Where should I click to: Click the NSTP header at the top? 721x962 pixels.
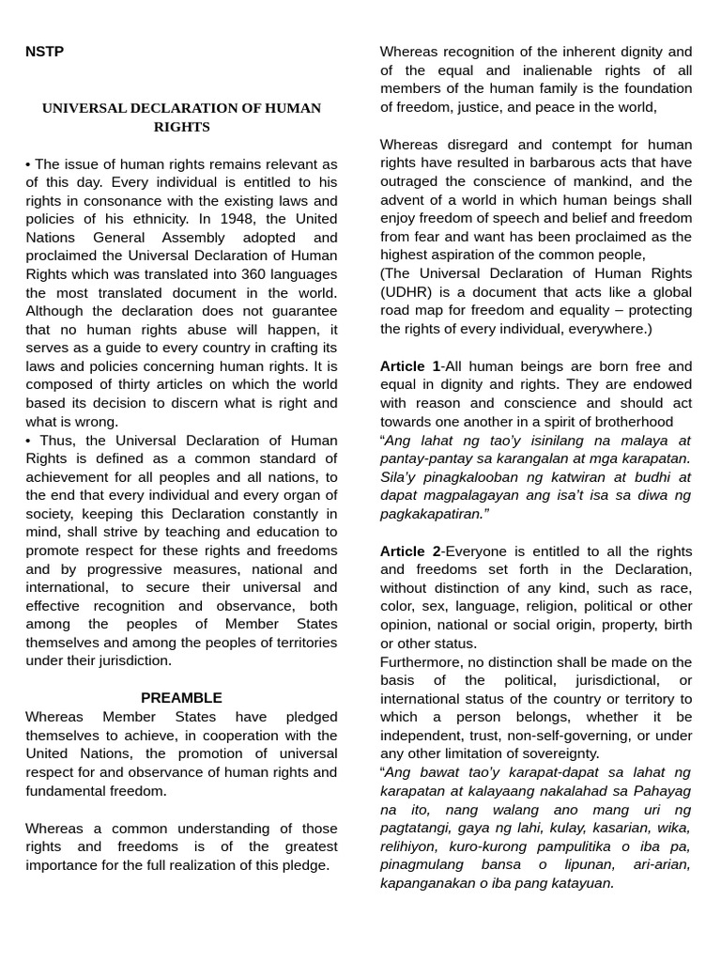(x=44, y=52)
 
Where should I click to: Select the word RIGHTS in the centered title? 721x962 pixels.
(x=181, y=127)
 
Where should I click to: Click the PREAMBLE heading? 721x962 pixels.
(x=181, y=698)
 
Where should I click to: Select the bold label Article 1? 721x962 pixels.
(x=409, y=366)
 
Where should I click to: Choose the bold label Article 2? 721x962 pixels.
(x=409, y=551)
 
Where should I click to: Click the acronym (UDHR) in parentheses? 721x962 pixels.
(x=407, y=292)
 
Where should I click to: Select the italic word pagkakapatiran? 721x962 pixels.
(x=432, y=514)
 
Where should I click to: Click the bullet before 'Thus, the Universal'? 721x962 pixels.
(x=28, y=441)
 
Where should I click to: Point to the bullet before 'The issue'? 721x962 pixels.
(x=28, y=164)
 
